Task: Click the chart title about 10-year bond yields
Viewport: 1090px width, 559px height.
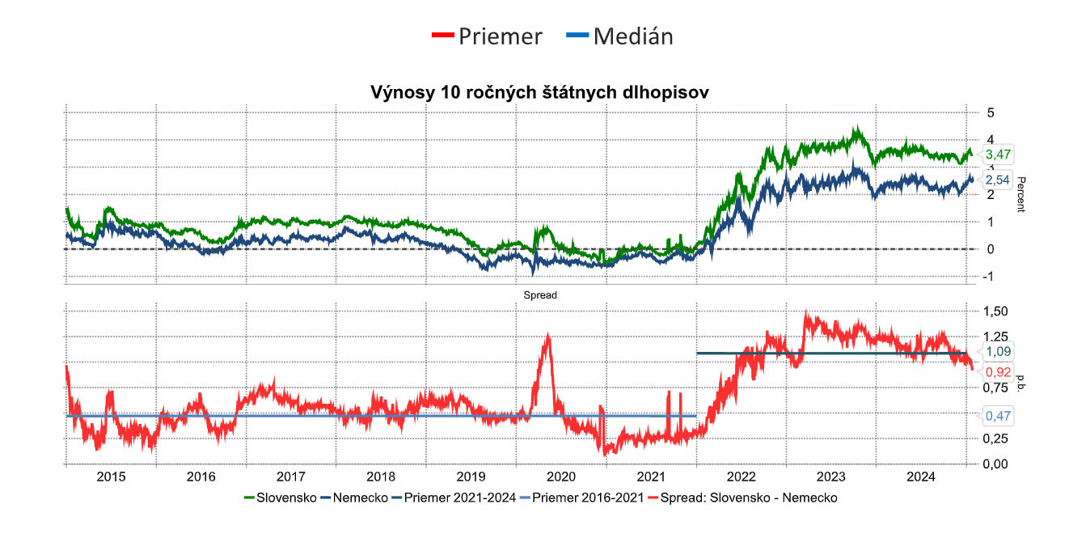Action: [x=539, y=92]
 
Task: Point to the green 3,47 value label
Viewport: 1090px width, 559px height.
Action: [x=998, y=154]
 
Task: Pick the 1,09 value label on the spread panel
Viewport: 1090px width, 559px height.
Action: [x=998, y=351]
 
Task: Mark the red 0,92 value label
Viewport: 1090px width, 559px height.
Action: [x=998, y=372]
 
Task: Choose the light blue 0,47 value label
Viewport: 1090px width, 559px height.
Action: [x=998, y=416]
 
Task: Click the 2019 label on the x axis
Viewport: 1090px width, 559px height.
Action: [x=471, y=476]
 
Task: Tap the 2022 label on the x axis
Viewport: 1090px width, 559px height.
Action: [x=741, y=476]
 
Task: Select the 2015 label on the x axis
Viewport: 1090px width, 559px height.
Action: [x=111, y=476]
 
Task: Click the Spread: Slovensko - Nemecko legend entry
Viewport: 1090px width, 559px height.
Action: [x=748, y=498]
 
